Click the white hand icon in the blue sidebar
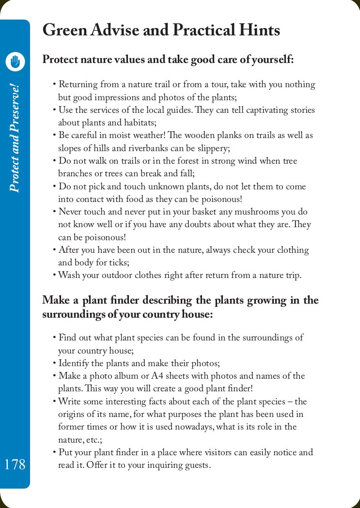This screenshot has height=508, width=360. pyautogui.click(x=16, y=62)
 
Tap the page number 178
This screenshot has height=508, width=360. pyautogui.click(x=15, y=464)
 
